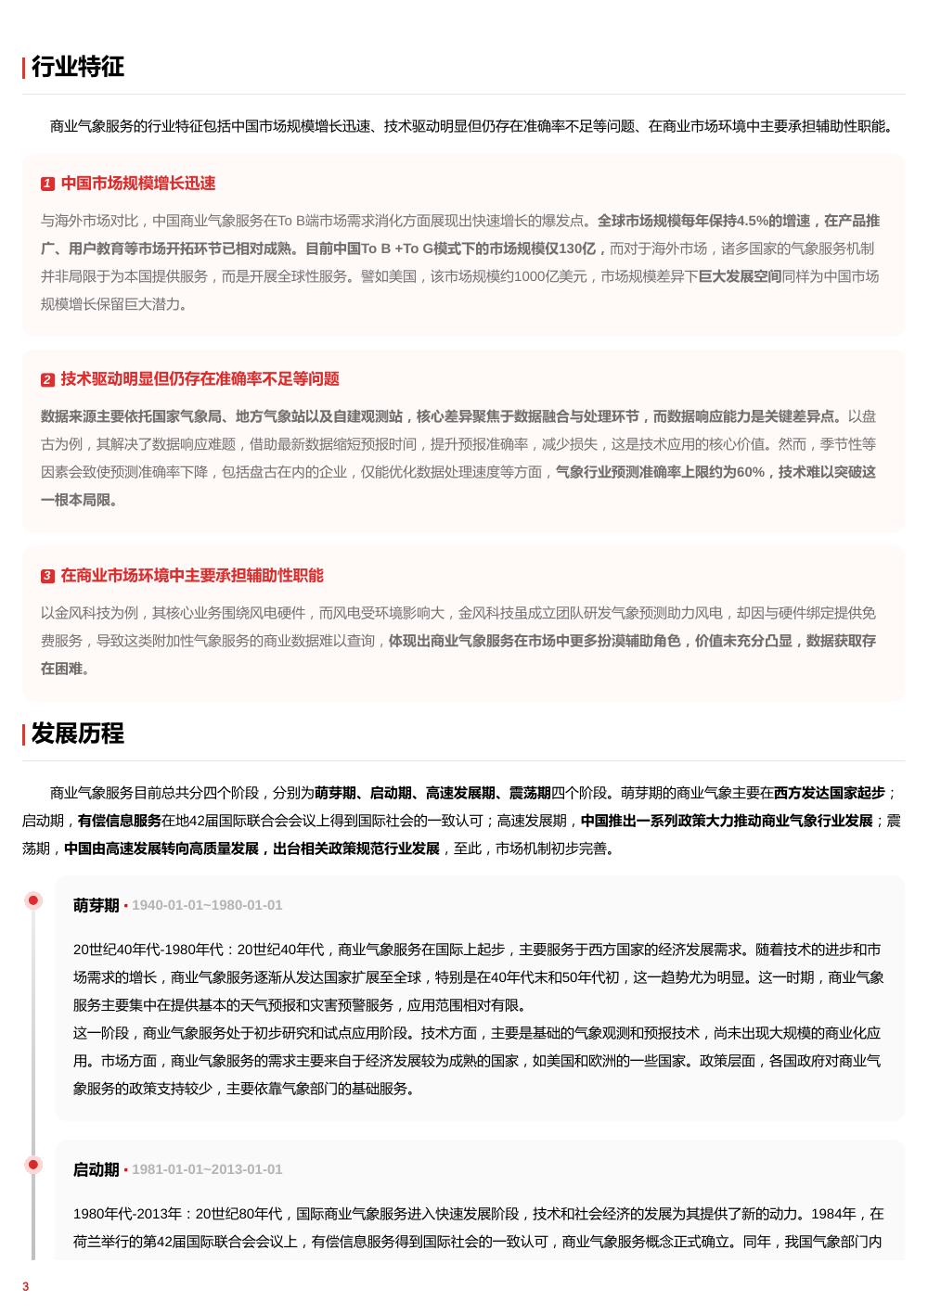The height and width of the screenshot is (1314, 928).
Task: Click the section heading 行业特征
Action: [77, 67]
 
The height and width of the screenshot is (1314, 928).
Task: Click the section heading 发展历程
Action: [77, 734]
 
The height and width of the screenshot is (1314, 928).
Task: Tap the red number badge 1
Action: [47, 185]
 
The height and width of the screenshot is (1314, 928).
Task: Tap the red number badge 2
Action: [47, 380]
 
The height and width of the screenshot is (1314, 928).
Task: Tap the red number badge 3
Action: [47, 577]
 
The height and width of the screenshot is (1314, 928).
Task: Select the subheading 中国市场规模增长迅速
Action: [138, 184]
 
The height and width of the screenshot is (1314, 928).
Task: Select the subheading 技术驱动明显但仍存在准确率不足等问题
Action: [200, 379]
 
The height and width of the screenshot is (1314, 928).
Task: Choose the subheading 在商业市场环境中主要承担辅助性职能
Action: [192, 576]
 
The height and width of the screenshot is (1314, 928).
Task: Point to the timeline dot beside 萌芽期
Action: [33, 900]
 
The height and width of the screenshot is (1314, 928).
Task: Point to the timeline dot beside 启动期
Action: [33, 1165]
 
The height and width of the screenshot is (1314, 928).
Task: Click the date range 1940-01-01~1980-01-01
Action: [207, 906]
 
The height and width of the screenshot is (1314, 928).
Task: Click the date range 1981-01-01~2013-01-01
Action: [207, 1170]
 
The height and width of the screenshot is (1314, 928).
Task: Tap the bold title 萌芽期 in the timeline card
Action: [96, 906]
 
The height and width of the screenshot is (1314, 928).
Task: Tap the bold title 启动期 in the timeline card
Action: [96, 1170]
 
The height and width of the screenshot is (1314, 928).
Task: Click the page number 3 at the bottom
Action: [26, 1287]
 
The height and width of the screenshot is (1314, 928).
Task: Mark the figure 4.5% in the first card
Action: [752, 222]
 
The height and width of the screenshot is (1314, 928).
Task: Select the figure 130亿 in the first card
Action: [577, 249]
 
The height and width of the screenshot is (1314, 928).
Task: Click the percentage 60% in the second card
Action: [750, 473]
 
